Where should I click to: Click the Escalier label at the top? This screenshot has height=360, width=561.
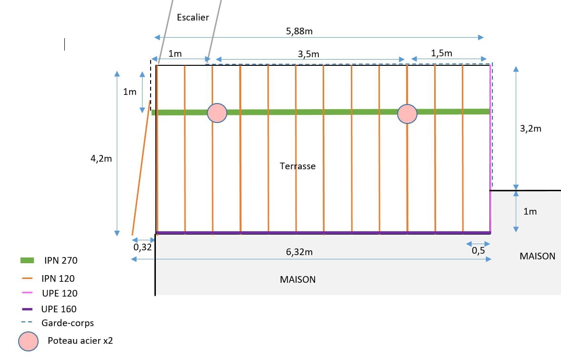(x=193, y=17)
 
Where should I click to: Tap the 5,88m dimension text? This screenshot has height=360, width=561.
(x=299, y=31)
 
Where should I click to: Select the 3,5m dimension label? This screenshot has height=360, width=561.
(x=308, y=54)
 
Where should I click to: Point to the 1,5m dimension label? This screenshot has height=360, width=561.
(x=441, y=53)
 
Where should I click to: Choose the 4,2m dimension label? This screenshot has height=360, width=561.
(x=101, y=159)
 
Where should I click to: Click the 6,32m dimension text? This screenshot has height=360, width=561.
(x=299, y=252)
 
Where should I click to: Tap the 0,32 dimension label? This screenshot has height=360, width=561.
(x=143, y=247)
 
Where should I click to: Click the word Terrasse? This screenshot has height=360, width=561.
(x=297, y=166)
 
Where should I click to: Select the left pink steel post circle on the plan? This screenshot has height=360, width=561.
(x=217, y=113)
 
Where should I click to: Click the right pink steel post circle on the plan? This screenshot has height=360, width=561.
(x=407, y=113)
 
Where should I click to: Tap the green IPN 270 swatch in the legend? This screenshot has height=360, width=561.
(x=28, y=260)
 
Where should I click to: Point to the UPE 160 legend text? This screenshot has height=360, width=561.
(x=59, y=309)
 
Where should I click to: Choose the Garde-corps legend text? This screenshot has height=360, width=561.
(x=68, y=323)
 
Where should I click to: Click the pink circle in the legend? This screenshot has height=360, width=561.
(x=28, y=341)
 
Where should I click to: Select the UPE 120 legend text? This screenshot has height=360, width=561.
(x=59, y=293)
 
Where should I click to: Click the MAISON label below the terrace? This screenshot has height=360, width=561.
(x=297, y=279)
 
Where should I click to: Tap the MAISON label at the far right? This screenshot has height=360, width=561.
(x=537, y=256)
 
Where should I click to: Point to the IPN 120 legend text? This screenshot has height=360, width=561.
(x=58, y=278)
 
